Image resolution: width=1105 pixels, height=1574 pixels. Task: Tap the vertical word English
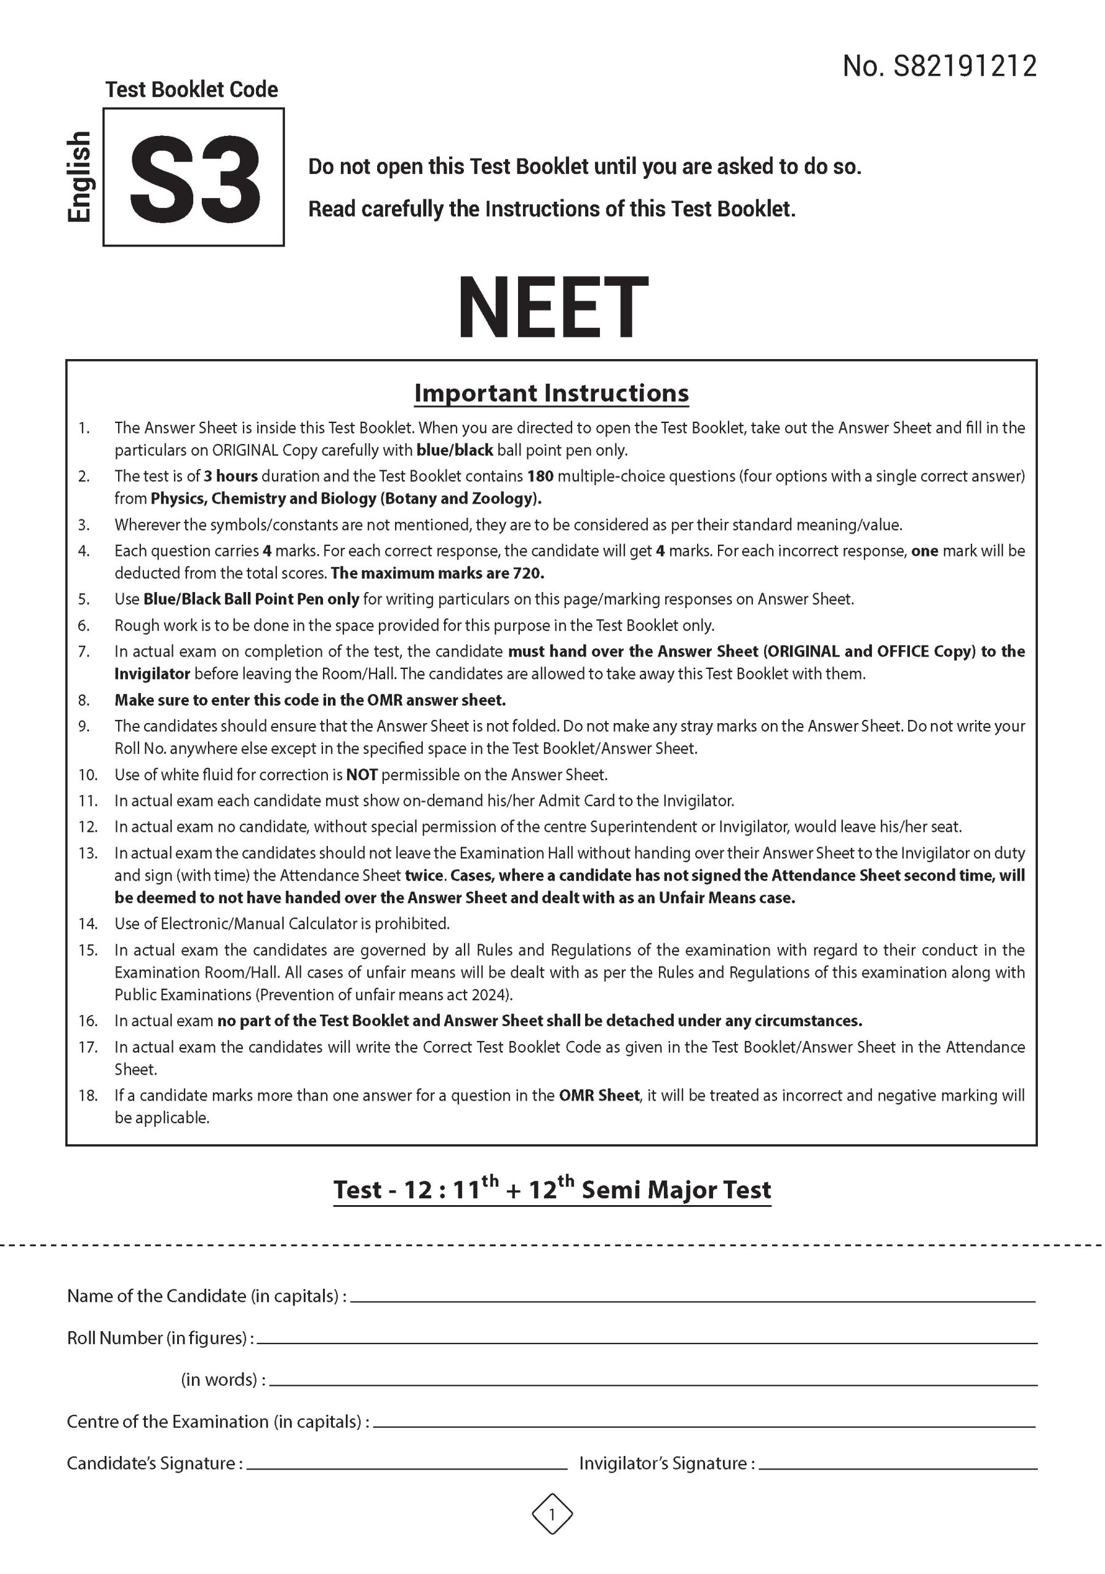click(79, 177)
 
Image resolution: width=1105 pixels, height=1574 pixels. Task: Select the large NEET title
click(552, 308)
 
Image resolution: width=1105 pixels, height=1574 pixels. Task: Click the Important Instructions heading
click(551, 393)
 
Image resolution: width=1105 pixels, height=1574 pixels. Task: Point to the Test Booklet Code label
click(191, 90)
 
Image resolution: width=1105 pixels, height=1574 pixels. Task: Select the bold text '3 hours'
click(231, 476)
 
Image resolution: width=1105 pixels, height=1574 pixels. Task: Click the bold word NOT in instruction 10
click(362, 775)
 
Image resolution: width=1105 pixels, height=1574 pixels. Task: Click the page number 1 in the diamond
click(552, 1514)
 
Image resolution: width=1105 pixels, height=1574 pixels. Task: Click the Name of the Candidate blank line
click(693, 1300)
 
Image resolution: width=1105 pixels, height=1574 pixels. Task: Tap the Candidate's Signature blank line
click(406, 1468)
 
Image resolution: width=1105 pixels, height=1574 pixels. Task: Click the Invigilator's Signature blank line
click(897, 1468)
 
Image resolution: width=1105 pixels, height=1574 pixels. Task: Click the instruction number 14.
click(88, 923)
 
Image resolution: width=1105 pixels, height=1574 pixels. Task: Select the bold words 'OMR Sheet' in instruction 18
click(599, 1095)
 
